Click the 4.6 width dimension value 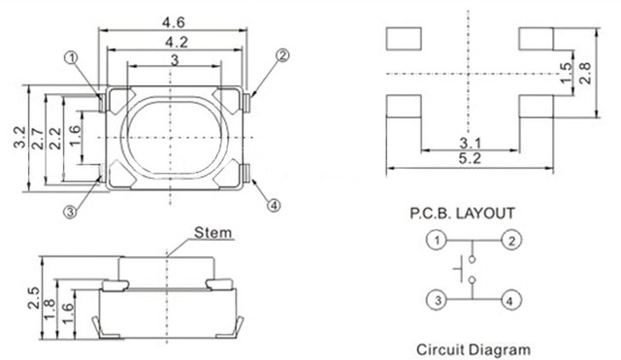tap(173, 22)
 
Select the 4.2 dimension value tap(177, 42)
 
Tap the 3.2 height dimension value tap(19, 137)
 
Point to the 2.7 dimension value tap(38, 138)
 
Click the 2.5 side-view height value tap(34, 298)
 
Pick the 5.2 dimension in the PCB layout tap(470, 158)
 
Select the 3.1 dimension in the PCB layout tap(470, 143)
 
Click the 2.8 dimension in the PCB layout tap(584, 74)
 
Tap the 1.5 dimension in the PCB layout tap(567, 74)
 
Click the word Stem tap(212, 233)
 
